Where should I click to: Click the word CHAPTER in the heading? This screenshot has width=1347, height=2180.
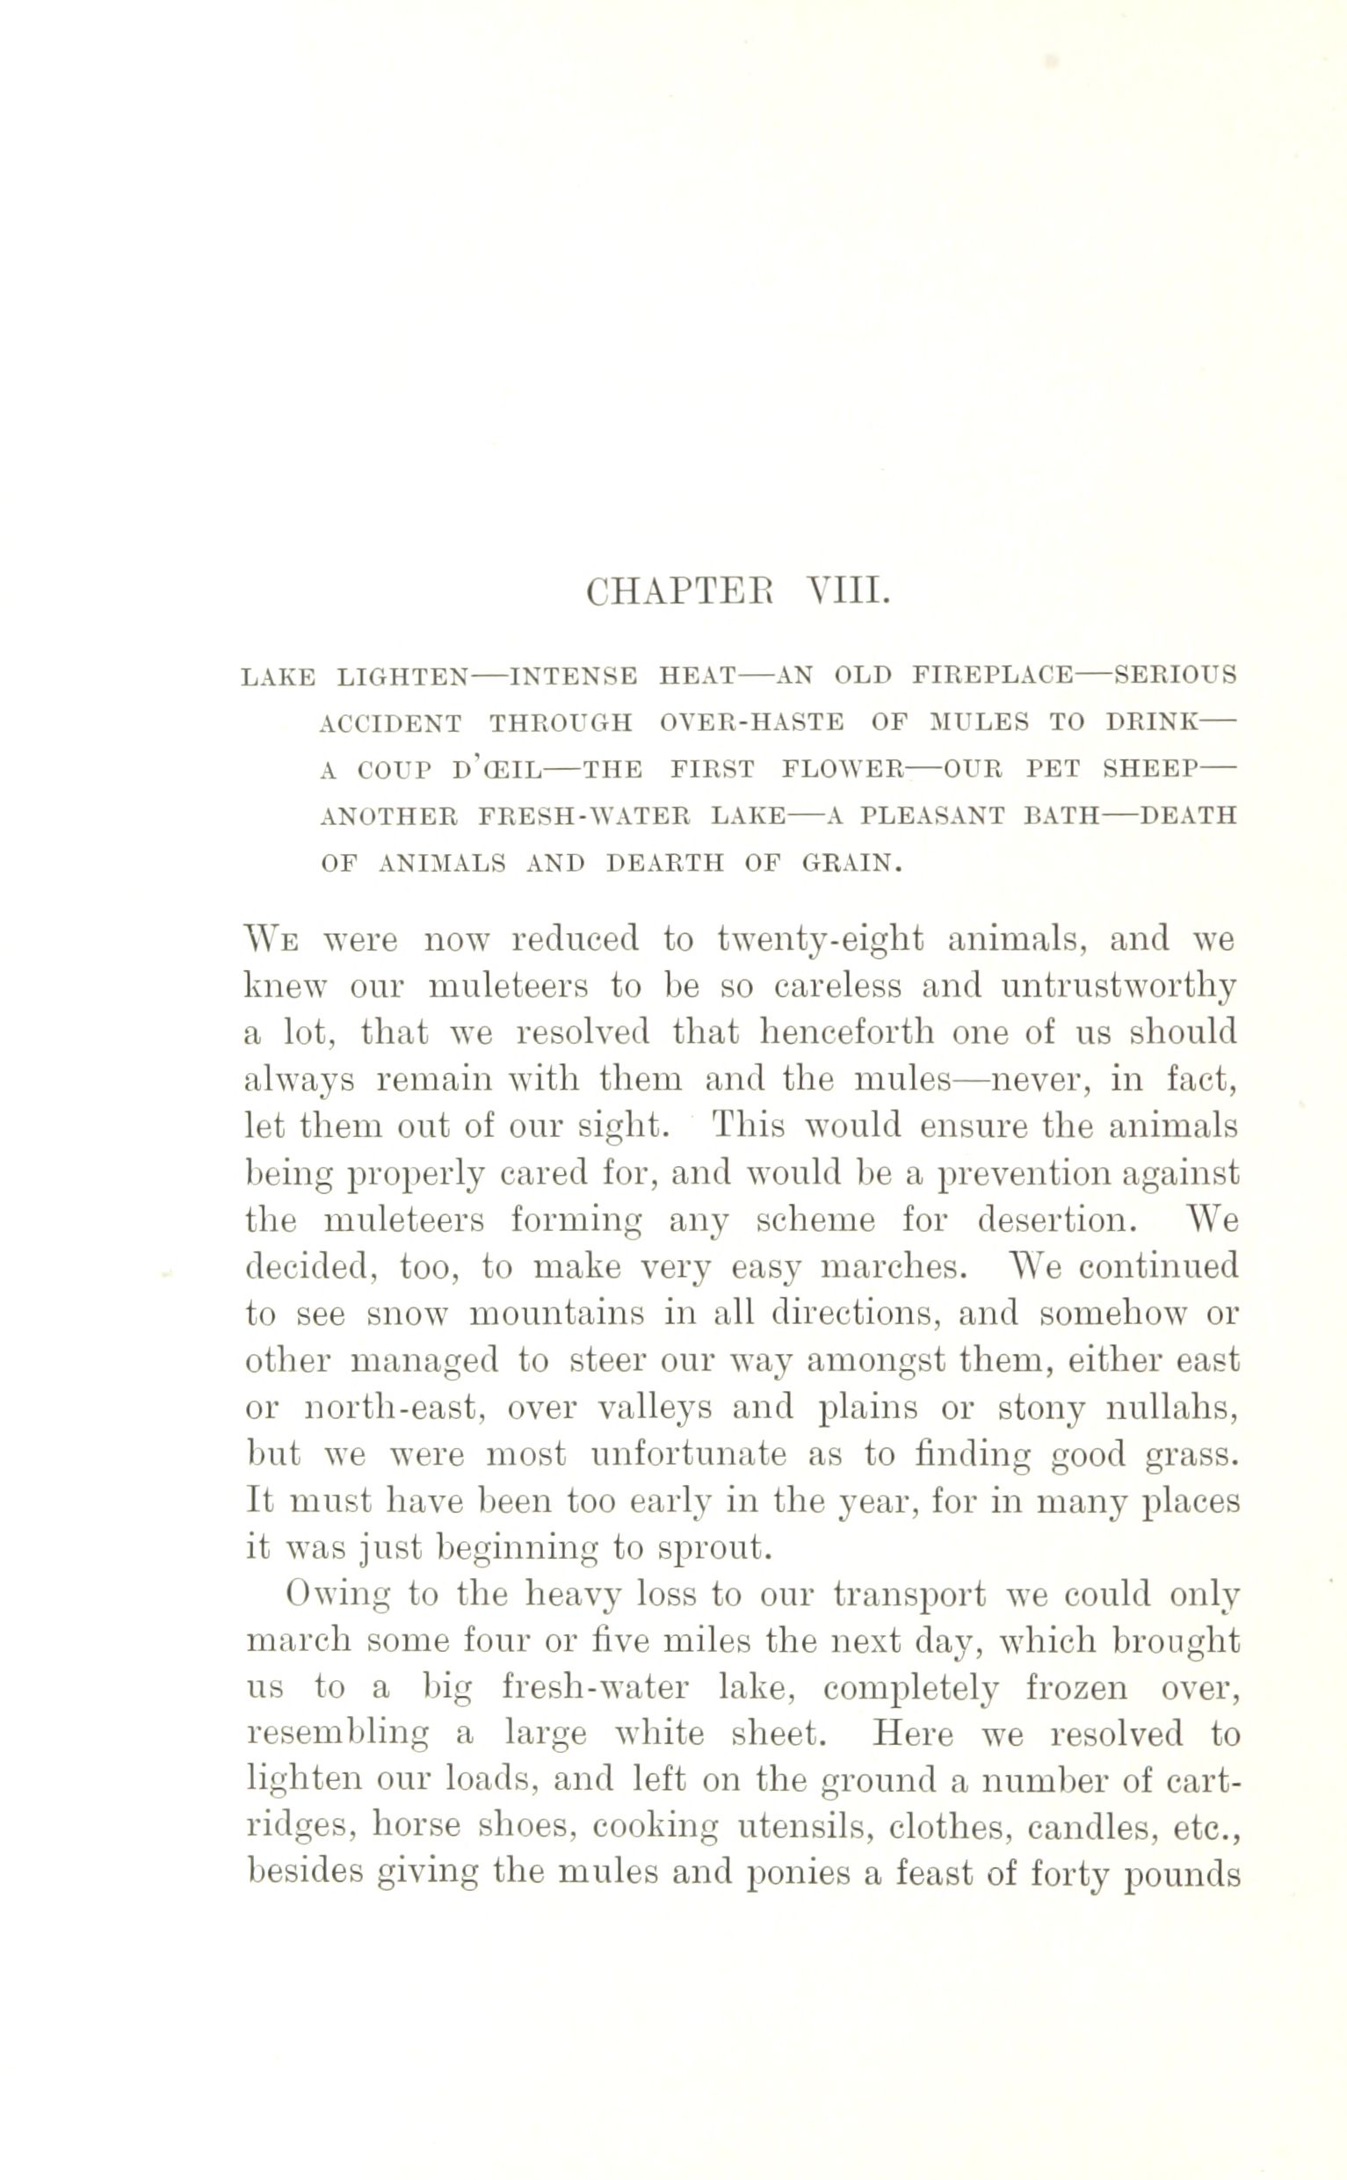[x=681, y=591]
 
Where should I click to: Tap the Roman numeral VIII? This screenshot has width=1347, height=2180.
[x=847, y=591]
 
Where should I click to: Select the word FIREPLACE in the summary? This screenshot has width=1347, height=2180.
[x=992, y=676]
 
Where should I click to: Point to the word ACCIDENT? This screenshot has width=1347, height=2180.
[x=390, y=722]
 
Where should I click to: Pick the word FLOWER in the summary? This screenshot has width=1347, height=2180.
[x=843, y=769]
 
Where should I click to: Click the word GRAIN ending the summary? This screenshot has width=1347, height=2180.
[x=851, y=863]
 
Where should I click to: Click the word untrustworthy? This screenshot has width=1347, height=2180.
[x=1119, y=986]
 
